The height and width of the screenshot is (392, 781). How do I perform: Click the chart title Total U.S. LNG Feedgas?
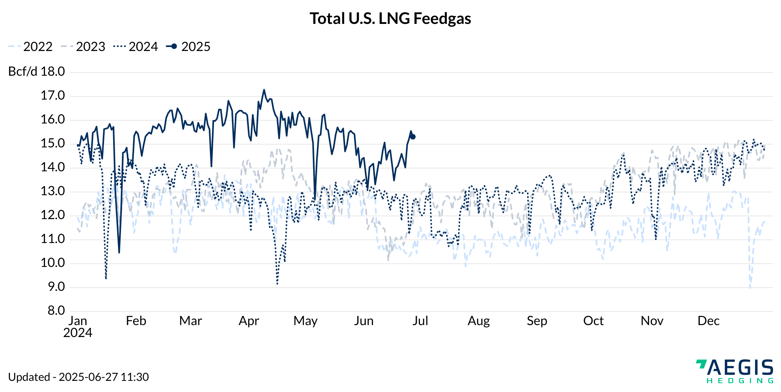click(x=390, y=19)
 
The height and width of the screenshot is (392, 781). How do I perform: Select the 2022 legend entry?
click(x=30, y=47)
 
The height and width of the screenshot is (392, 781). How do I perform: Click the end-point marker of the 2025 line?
click(x=413, y=137)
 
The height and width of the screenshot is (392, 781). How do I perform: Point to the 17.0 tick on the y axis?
click(x=53, y=96)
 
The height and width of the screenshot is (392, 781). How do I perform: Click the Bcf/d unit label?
click(x=23, y=72)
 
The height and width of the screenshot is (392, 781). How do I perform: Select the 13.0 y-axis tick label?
click(x=53, y=191)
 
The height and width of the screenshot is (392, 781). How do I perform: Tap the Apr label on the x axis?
click(x=249, y=321)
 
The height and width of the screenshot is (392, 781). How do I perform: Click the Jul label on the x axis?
click(x=420, y=321)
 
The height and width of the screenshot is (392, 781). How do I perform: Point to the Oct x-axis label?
click(x=593, y=321)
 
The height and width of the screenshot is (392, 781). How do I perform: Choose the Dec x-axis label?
click(x=708, y=321)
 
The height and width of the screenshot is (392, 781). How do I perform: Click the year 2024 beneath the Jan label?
click(x=78, y=333)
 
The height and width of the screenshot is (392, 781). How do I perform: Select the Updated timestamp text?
click(x=78, y=377)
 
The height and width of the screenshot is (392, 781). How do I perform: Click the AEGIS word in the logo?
click(x=740, y=367)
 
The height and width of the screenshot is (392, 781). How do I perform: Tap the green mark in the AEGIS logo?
click(x=701, y=363)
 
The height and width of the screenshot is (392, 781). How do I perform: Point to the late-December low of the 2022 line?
click(x=750, y=287)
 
